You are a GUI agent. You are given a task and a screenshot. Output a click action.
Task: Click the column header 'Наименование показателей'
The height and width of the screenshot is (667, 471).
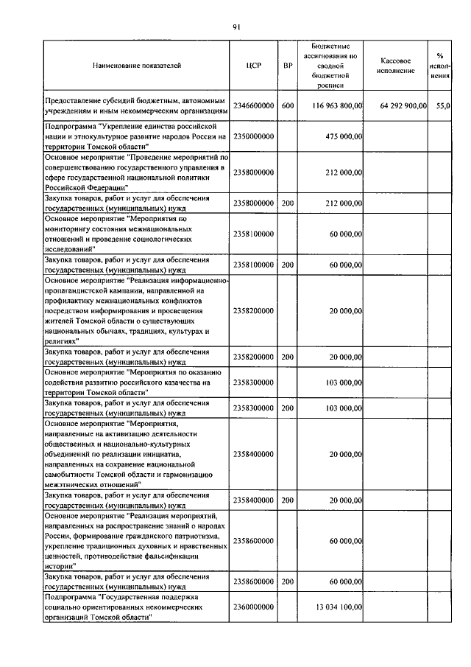136,65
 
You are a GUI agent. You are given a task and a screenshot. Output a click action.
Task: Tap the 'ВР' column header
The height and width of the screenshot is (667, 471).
288,65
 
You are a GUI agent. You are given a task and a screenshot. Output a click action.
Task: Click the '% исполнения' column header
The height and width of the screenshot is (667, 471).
440,65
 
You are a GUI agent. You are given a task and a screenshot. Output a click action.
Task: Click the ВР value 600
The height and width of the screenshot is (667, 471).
288,106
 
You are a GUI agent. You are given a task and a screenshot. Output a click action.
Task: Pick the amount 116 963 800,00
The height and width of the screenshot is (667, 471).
338,106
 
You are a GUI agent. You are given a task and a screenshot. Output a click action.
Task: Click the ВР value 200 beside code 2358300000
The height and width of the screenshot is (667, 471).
288,408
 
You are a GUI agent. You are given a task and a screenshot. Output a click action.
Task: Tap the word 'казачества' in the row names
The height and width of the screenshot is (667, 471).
177,383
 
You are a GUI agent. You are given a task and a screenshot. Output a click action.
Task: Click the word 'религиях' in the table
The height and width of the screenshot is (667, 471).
63,341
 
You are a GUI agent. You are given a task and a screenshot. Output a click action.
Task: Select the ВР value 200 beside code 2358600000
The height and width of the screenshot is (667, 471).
288,581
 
